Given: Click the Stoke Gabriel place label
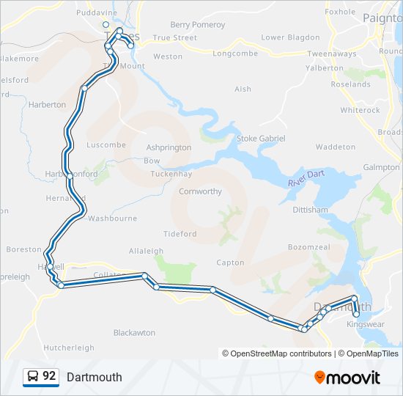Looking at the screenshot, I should [260, 139].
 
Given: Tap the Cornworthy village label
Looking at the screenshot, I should [200, 191].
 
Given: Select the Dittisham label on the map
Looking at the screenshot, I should [310, 210].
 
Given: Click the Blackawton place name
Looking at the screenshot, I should [134, 332].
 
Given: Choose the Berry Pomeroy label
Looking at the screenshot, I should [198, 24].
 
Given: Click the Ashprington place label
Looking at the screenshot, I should [169, 147].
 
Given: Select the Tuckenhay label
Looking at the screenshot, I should [171, 175].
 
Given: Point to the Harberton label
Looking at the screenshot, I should [47, 105].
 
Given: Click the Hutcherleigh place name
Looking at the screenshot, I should [69, 348].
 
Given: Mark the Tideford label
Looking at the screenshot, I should [180, 234].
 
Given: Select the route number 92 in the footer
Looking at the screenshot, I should [49, 376].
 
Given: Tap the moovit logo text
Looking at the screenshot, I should [352, 378].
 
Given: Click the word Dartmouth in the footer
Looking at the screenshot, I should [94, 378].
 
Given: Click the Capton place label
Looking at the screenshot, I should [230, 263].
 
